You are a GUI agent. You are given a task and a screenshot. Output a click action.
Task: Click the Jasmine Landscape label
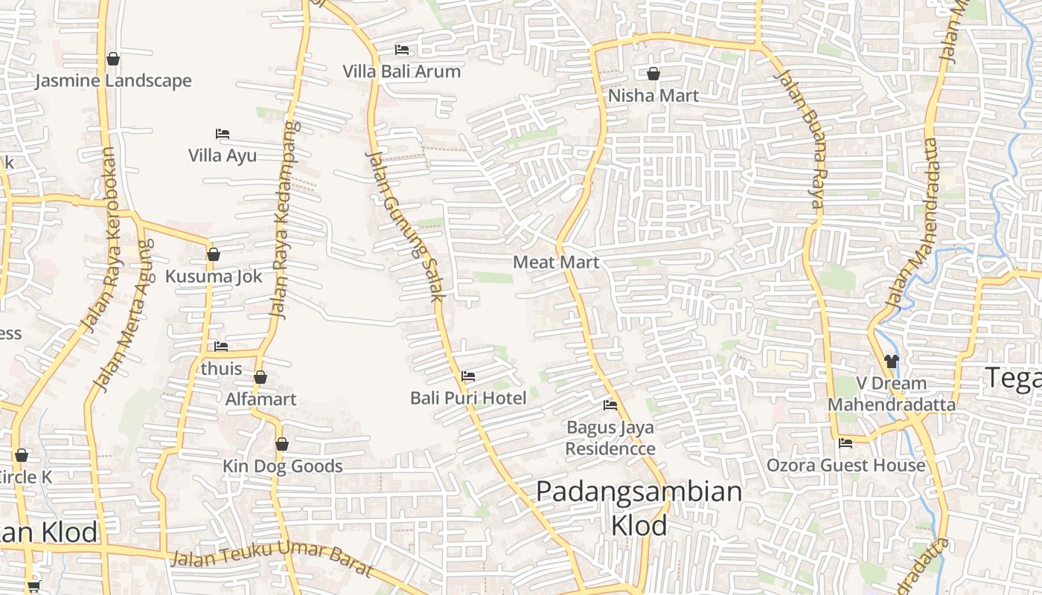click(113, 80)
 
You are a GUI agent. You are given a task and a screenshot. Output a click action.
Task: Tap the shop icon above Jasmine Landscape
click(113, 58)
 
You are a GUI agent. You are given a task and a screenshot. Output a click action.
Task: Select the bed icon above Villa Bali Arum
click(402, 50)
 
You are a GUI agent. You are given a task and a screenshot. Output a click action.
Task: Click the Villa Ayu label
click(222, 155)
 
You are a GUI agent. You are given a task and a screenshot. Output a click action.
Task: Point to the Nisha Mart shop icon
click(653, 74)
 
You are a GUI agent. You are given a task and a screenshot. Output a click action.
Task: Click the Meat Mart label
click(556, 262)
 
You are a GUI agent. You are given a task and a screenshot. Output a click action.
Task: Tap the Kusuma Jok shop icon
click(214, 254)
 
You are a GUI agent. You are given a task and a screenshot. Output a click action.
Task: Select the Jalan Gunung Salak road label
click(406, 225)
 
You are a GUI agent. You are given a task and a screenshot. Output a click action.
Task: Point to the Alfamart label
click(260, 399)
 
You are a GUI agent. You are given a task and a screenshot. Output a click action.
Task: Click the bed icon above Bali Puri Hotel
click(468, 376)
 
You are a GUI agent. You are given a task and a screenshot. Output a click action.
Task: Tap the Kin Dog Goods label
click(283, 466)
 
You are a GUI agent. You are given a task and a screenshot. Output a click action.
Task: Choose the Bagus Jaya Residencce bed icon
click(610, 405)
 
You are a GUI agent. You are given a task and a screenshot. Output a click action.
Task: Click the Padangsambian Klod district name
click(639, 508)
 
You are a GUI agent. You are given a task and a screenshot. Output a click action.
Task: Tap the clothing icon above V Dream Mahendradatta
click(892, 361)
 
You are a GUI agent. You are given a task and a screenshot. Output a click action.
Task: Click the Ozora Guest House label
click(846, 466)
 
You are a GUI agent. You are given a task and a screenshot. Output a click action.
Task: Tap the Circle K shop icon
click(22, 455)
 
